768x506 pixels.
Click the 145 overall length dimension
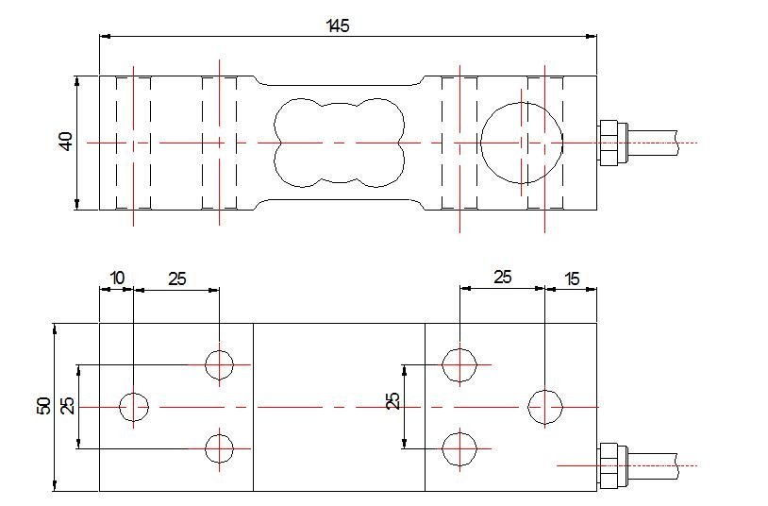pos(339,25)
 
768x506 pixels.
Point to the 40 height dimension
pos(65,142)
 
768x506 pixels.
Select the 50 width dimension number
pos(43,406)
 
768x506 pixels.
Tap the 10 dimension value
pos(117,278)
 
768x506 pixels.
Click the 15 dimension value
pos(572,278)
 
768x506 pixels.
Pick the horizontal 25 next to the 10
pos(176,278)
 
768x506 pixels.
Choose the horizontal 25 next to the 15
pos(502,278)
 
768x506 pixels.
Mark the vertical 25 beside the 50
pos(67,406)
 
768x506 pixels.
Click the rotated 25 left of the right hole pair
pos(393,401)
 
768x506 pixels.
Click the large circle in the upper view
pos(521,143)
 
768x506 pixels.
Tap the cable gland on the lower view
pos(611,464)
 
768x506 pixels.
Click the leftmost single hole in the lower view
pos(134,406)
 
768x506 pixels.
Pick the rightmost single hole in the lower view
pos(545,406)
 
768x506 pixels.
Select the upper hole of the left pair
pos(219,363)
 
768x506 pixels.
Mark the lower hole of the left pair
pos(219,448)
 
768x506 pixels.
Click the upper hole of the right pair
pos(459,363)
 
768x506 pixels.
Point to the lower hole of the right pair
pos(459,448)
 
